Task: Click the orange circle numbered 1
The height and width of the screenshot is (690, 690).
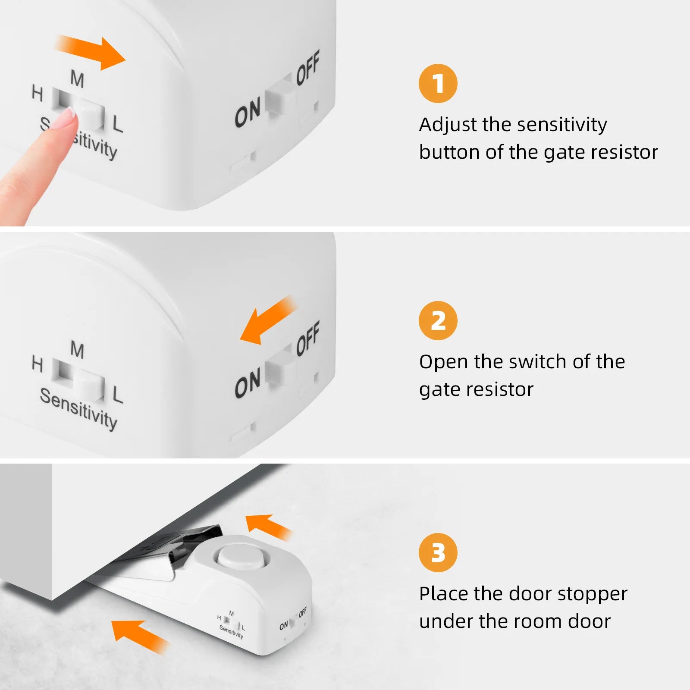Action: [438, 83]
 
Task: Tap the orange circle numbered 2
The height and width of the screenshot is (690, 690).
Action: [438, 320]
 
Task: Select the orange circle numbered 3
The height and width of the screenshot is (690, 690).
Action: [438, 552]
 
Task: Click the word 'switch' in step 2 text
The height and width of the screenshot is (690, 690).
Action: [537, 362]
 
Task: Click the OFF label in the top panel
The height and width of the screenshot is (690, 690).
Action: [308, 67]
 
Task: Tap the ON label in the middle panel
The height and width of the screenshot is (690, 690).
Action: [248, 383]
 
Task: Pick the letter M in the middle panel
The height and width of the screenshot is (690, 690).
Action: [77, 350]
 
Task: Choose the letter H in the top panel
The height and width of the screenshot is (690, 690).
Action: [38, 93]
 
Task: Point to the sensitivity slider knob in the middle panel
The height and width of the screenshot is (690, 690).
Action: [90, 385]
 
